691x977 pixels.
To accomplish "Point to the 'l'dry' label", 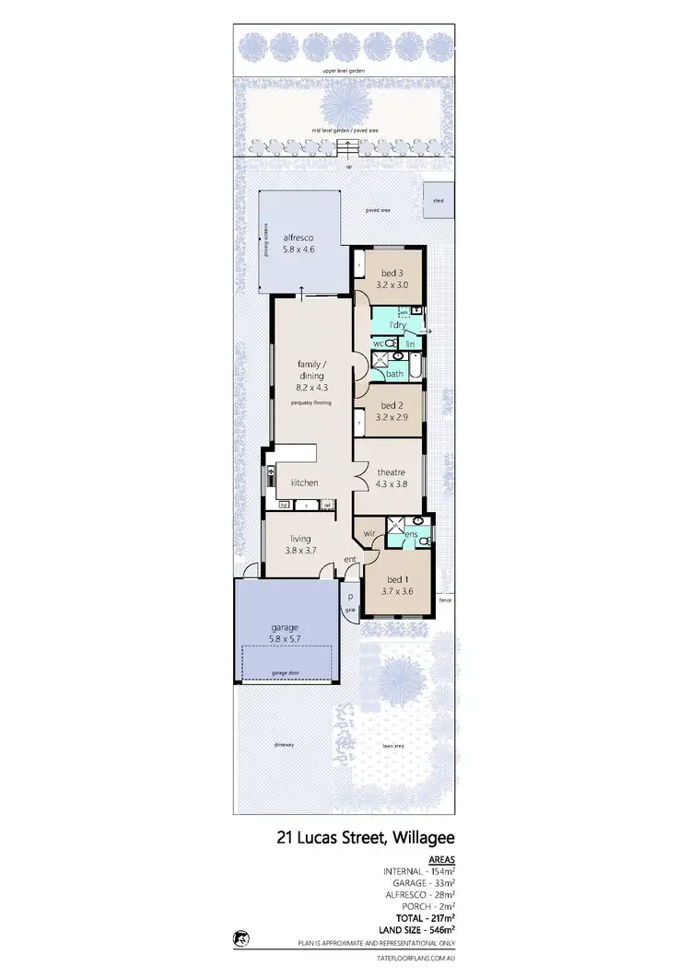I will (398, 325).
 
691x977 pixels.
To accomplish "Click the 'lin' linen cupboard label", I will (411, 344).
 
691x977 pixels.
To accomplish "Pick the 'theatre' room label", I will (390, 472).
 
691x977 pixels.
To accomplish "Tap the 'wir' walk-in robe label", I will (368, 533).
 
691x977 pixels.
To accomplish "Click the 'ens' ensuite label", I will (411, 535).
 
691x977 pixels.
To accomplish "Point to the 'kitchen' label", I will (304, 483).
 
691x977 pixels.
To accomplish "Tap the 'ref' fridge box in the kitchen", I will (326, 505).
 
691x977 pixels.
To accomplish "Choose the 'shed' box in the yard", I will (439, 201).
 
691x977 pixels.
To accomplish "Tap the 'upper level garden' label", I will (342, 70).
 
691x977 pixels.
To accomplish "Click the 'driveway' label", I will (283, 744).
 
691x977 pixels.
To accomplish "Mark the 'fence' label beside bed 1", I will (445, 600).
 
